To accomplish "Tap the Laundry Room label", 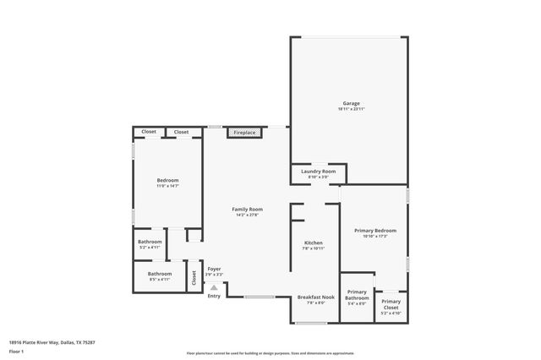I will point(318,172).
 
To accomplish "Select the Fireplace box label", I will point(244,133).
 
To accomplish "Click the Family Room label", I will point(248,210).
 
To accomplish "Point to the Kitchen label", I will point(314,243).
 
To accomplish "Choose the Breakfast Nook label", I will point(315,297).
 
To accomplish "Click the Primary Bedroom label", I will point(374,231).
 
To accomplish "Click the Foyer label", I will point(215,270).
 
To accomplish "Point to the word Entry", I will point(214,296).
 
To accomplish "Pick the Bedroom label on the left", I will point(167,180).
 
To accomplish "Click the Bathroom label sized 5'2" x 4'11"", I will point(150,243).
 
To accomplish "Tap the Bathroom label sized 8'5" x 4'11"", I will point(160,274).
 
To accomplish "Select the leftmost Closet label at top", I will point(149,132).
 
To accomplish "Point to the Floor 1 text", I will point(16,351).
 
